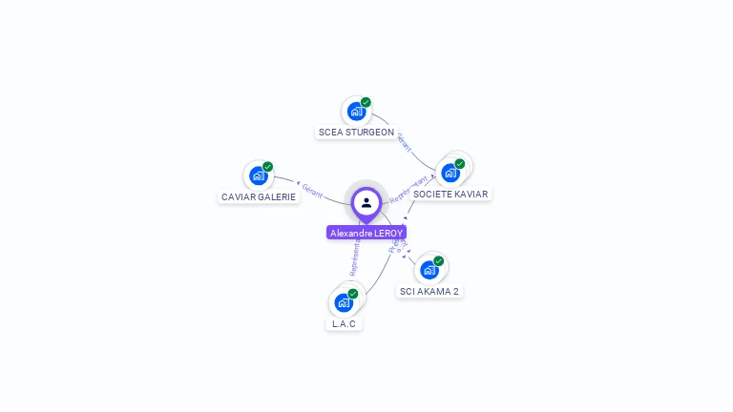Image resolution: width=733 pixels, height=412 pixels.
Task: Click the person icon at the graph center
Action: coord(366,202)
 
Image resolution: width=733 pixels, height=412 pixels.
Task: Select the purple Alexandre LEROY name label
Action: coord(366,233)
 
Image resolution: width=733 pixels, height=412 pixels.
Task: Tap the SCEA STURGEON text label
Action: coord(356,133)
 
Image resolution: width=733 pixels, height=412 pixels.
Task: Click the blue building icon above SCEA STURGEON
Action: coord(356,111)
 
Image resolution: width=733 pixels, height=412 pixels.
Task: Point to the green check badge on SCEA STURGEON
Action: coord(366,102)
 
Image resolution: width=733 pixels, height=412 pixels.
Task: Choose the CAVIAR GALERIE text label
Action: coord(259,197)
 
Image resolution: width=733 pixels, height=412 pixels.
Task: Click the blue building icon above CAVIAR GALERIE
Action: coord(258,175)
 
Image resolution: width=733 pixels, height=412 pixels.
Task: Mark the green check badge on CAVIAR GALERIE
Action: coord(267,167)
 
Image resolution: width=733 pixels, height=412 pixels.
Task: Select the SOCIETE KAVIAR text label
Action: coord(450,195)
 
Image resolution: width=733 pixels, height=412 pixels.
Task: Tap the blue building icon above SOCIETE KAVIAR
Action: coord(450,173)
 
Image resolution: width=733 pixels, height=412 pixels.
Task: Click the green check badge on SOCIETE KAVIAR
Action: coord(459,164)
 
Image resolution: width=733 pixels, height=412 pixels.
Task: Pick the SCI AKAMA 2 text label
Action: coord(429,292)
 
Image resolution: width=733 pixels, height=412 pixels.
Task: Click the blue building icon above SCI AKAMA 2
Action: coord(429,270)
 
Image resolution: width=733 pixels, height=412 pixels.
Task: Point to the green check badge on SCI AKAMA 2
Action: coord(438,261)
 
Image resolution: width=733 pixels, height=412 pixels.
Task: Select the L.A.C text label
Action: coord(344,324)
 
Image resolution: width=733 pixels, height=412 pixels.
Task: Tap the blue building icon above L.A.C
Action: coord(344,302)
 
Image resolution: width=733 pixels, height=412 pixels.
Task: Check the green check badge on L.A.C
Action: coord(353,294)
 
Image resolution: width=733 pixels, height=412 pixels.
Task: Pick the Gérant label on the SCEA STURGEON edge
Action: coord(404,142)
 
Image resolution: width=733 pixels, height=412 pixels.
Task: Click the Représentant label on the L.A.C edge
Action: coord(356,257)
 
